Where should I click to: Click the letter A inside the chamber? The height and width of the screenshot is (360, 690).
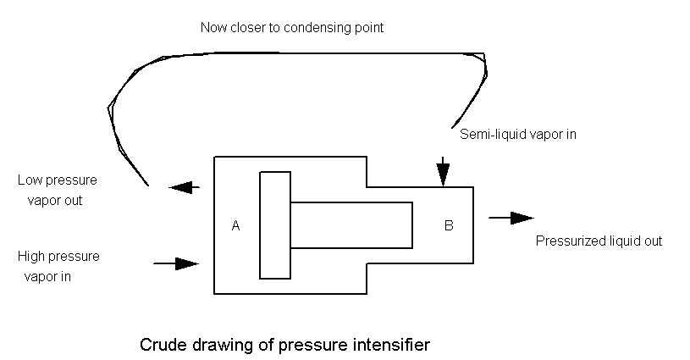pos(236,225)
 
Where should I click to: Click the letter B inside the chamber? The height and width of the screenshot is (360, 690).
pos(449,225)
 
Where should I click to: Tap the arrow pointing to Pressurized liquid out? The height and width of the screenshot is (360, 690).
pos(511,219)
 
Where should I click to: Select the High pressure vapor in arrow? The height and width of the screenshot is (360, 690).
pos(176,263)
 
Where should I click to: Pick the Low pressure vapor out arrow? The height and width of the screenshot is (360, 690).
pos(185,188)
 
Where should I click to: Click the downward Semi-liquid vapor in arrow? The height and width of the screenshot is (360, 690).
pos(442,171)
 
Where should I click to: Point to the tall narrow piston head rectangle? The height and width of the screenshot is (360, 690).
pos(275,224)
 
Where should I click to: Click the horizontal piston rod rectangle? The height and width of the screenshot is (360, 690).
pos(351,224)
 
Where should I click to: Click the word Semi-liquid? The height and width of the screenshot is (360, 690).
pos(488,134)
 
